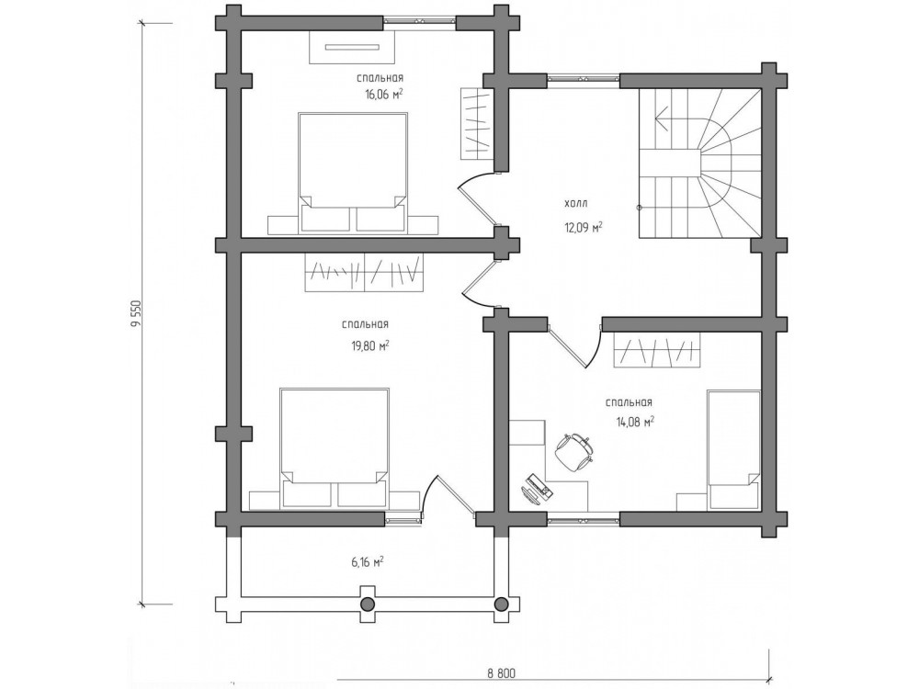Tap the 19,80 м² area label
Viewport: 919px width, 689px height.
pyautogui.click(x=369, y=345)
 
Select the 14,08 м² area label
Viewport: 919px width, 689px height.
pyautogui.click(x=634, y=422)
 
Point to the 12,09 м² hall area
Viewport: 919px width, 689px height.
pyautogui.click(x=584, y=227)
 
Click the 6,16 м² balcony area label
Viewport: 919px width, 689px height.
pyautogui.click(x=368, y=562)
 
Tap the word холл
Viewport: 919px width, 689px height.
pyautogui.click(x=575, y=204)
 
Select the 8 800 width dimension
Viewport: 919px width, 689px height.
pyautogui.click(x=501, y=673)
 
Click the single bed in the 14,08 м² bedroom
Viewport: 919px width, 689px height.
pyautogui.click(x=734, y=450)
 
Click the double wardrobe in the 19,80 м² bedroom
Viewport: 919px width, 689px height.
pyautogui.click(x=364, y=272)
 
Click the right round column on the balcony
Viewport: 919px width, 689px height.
pyautogui.click(x=502, y=604)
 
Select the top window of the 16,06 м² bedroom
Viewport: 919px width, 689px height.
pyautogui.click(x=420, y=22)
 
